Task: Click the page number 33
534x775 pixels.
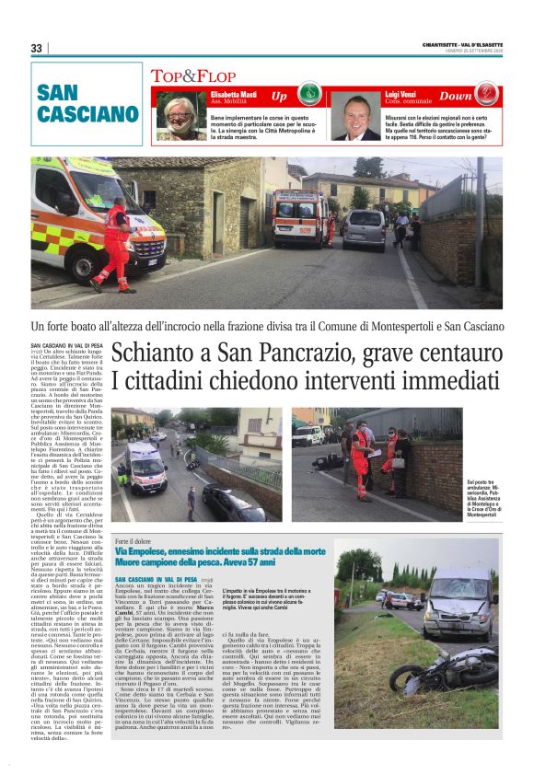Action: point(36,48)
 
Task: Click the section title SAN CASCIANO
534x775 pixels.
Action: point(87,104)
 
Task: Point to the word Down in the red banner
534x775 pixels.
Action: point(455,96)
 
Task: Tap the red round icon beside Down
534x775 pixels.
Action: point(485,94)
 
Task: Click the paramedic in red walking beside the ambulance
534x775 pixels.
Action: point(117,242)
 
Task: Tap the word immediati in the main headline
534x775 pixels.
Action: point(437,380)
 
